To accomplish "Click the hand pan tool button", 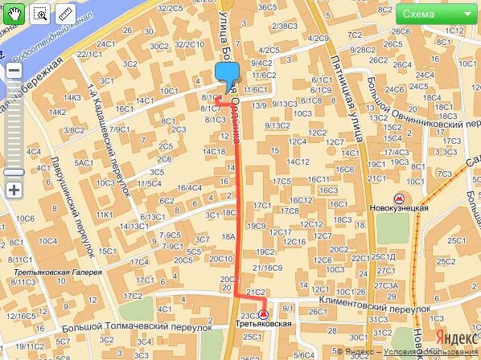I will coord(17,14).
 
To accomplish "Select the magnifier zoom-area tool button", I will coord(40,14).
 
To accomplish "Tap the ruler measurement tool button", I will coord(64,14).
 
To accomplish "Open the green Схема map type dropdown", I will coord(435,14).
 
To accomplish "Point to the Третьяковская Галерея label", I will coord(57,272).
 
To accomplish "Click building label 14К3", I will coord(73,98).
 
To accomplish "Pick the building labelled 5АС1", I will coord(84,163).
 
